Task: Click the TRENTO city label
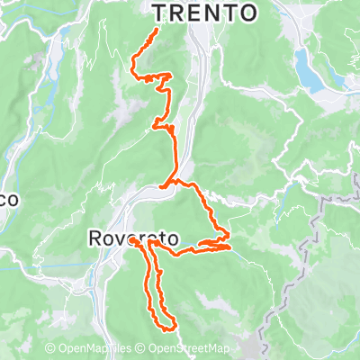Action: pos(205,12)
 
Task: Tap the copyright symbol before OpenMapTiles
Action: pos(51,348)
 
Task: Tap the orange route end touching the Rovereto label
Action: pos(134,241)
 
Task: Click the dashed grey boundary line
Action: pos(317,225)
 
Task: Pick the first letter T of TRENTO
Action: pos(160,12)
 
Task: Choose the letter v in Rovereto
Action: pos(118,238)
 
